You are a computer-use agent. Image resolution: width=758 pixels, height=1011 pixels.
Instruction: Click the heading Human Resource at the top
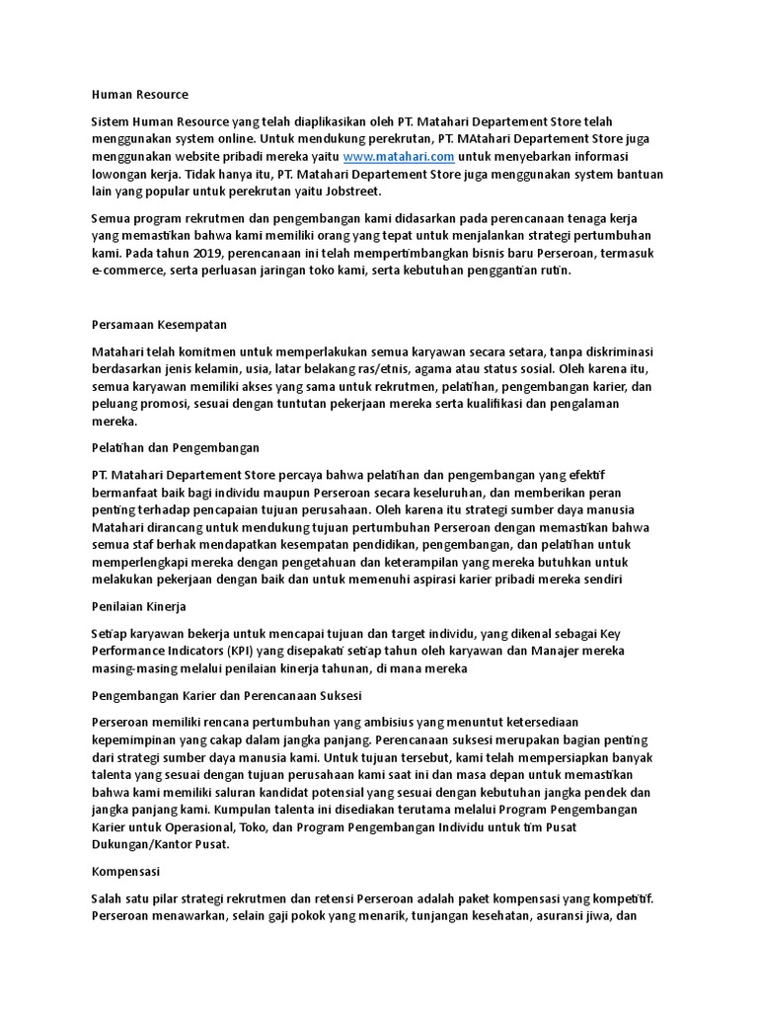[x=139, y=95]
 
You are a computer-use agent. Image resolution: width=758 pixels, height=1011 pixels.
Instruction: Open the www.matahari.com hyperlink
[x=398, y=157]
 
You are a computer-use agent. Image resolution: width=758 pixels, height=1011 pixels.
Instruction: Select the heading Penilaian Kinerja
[x=139, y=605]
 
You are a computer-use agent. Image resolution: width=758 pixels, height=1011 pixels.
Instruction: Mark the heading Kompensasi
[x=125, y=873]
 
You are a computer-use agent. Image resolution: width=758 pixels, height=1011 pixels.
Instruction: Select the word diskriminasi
[x=621, y=352]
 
